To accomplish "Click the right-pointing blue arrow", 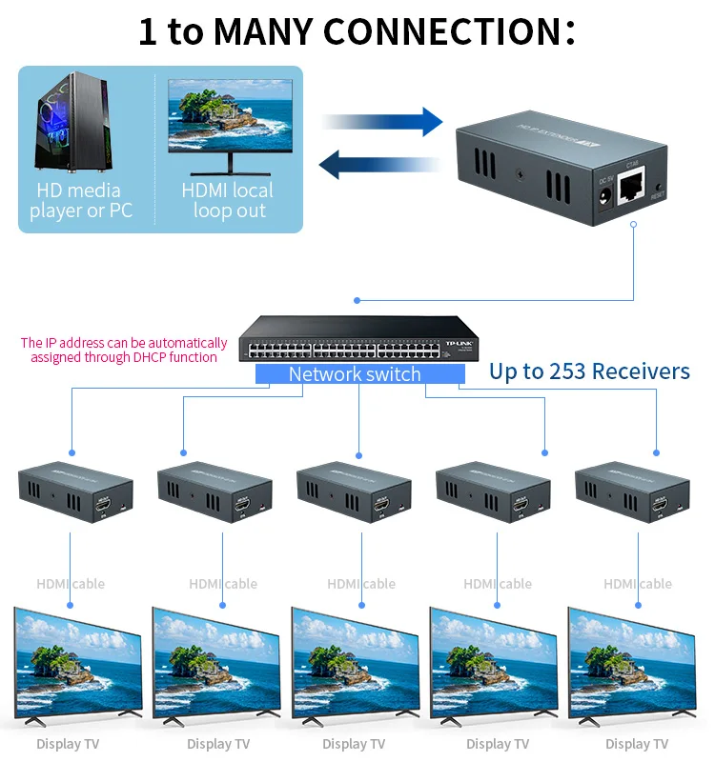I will tap(381, 122).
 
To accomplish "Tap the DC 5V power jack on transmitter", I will tap(603, 198).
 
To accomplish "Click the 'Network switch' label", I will tap(355, 374).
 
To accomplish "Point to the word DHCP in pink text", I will tap(133, 357).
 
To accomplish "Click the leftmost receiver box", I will tap(74, 491).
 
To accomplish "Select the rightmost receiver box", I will tap(632, 491).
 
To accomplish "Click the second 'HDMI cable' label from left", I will tap(223, 584).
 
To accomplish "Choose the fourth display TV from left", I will tap(494, 662).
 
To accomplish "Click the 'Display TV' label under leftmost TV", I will tap(68, 744).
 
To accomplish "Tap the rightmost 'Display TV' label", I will tap(637, 744).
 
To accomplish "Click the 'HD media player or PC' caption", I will tap(80, 201).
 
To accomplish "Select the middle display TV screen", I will tap(355, 662).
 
